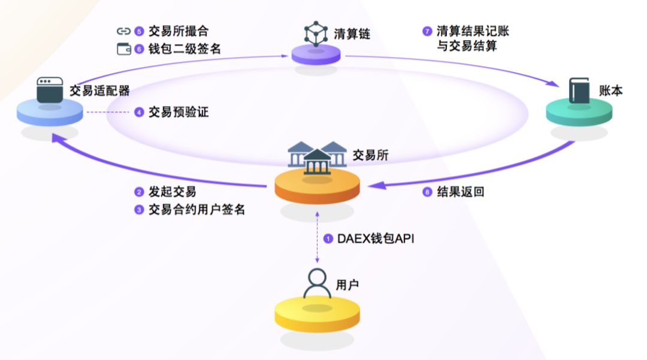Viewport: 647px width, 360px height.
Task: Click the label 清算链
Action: click(352, 34)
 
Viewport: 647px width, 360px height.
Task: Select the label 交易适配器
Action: click(99, 90)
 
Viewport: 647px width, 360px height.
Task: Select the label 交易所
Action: click(370, 155)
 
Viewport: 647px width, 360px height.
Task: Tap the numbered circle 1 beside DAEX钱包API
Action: click(328, 238)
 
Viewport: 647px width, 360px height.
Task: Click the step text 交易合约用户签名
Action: click(197, 210)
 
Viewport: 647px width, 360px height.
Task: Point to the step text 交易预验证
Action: click(179, 111)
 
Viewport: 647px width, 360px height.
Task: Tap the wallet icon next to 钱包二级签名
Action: click(123, 49)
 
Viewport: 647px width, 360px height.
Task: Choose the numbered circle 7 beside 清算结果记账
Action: click(427, 31)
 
